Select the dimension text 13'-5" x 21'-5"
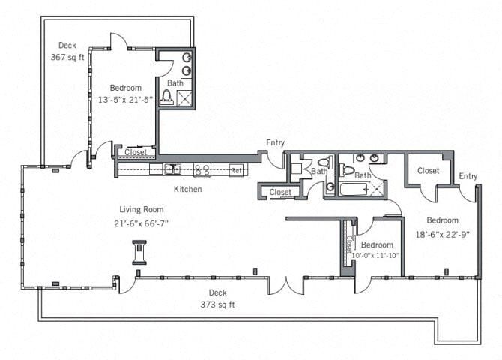point(125,99)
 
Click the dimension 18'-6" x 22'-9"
point(443,233)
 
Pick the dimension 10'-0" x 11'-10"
point(376,255)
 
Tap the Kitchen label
point(187,189)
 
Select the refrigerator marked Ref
point(236,170)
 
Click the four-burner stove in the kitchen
point(202,169)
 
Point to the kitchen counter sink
point(172,169)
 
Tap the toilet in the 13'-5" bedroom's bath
point(167,96)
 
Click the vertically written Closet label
point(350,244)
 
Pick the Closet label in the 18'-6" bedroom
point(428,171)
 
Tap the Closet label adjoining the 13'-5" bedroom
point(136,152)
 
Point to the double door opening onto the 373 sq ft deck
point(285,285)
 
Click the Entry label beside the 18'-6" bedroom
point(468,176)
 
